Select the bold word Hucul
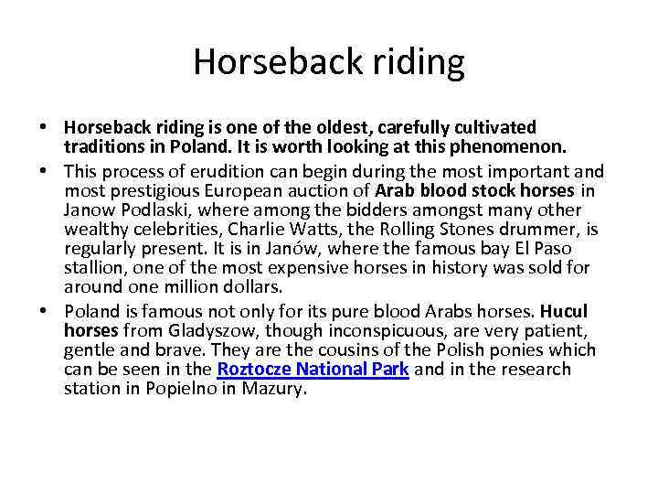568,311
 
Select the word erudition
211,170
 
